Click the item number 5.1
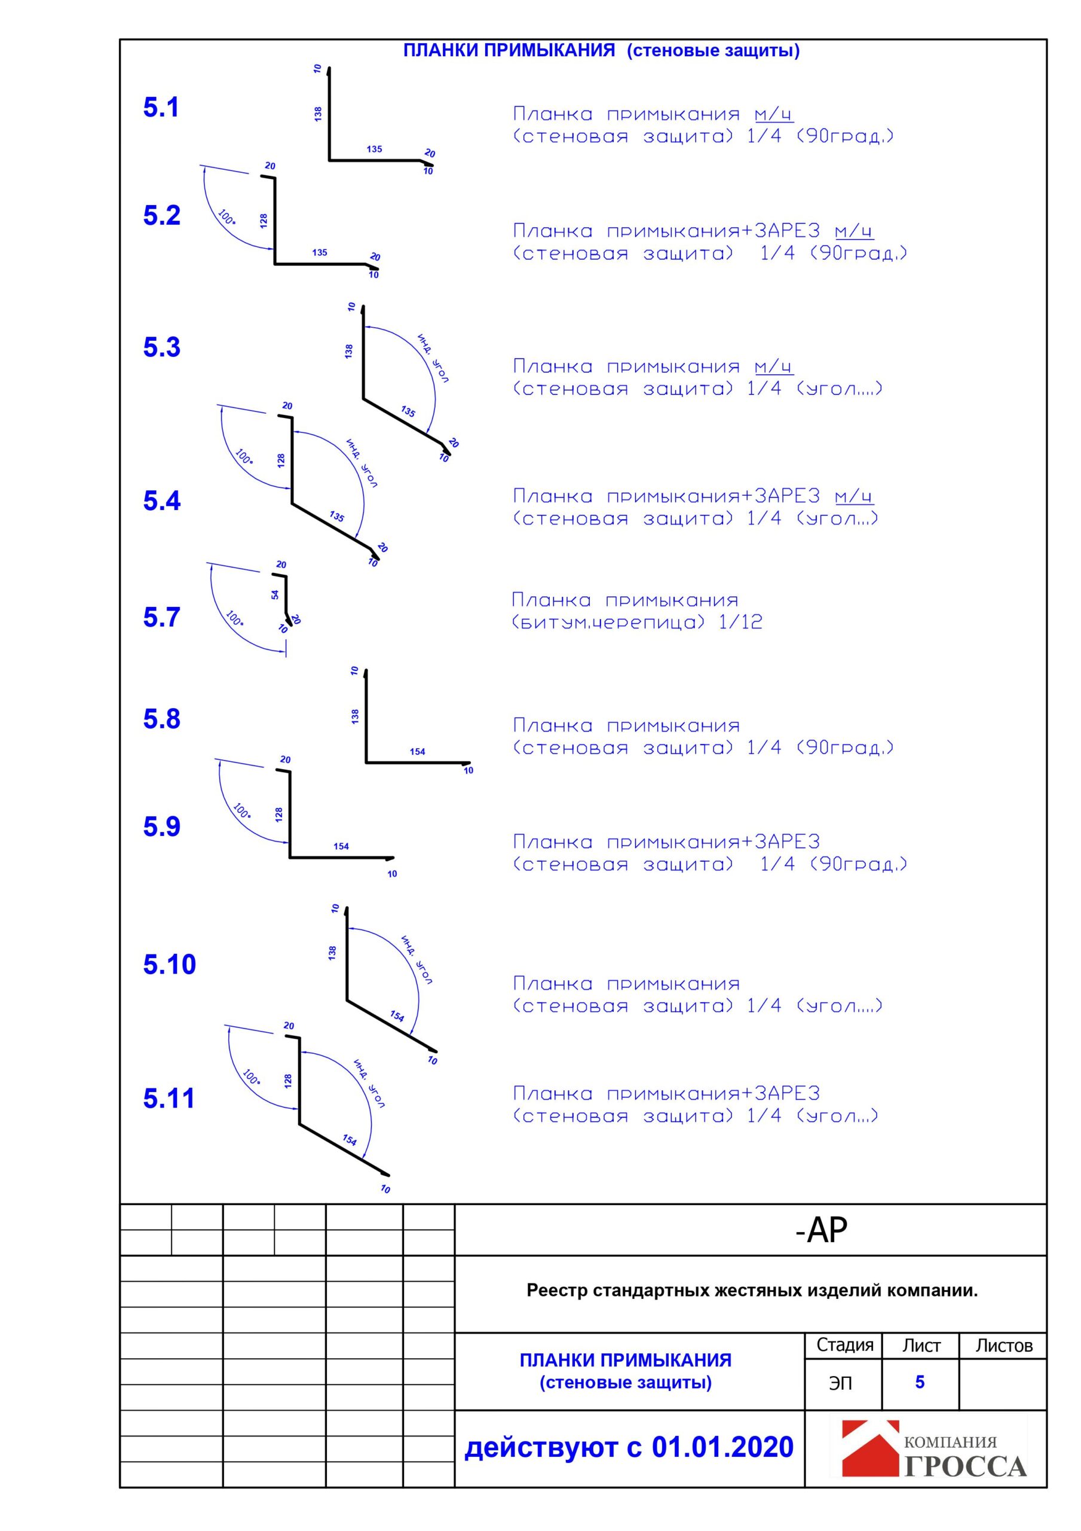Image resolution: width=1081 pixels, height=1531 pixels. [x=161, y=108]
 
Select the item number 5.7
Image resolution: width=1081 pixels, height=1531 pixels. [x=161, y=617]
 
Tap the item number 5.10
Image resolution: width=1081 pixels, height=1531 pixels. [x=169, y=964]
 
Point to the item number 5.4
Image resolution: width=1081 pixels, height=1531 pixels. [x=161, y=500]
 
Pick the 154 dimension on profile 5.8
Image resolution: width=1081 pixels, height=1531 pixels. [x=417, y=752]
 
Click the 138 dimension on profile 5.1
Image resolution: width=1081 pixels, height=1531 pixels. [x=318, y=114]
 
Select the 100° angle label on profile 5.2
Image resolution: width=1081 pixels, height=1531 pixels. [x=226, y=217]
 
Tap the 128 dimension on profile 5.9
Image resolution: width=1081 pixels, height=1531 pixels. [x=278, y=813]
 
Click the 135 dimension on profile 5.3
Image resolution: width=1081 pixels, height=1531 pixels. [x=408, y=411]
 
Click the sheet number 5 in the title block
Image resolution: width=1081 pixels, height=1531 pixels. [x=920, y=1381]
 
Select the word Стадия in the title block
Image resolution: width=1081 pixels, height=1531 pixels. [x=844, y=1345]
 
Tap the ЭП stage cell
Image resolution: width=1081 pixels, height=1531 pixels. [x=840, y=1383]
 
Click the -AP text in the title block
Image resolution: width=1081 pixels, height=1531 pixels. [x=821, y=1230]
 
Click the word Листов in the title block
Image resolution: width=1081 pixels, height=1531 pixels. [x=1004, y=1346]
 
